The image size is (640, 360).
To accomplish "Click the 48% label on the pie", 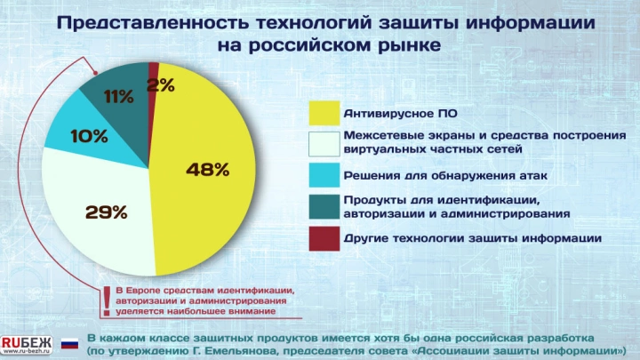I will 208,168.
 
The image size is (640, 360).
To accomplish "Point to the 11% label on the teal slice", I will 118,97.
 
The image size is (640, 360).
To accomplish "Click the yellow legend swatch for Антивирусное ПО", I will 324,113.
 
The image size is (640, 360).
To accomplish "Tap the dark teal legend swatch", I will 324,206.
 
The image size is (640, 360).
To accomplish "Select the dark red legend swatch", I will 324,237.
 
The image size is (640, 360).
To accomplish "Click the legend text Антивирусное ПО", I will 388,114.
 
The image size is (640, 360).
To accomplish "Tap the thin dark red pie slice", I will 154,70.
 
